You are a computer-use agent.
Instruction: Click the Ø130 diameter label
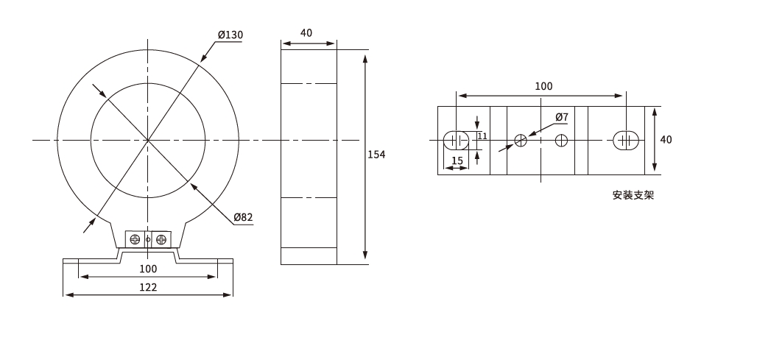pos(230,35)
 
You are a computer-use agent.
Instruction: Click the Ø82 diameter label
pos(243,217)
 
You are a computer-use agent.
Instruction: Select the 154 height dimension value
pos(376,155)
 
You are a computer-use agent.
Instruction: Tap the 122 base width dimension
pos(148,287)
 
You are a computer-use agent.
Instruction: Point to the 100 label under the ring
pos(148,269)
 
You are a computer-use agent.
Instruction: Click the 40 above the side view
pos(306,33)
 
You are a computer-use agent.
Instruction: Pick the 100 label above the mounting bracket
pos(543,86)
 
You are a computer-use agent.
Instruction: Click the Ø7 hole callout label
pos(562,117)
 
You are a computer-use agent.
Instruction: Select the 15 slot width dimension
pos(457,160)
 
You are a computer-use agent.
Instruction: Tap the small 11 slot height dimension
pos(482,136)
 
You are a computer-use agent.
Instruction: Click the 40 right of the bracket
pos(666,139)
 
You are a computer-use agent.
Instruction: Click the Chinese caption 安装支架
pos(633,195)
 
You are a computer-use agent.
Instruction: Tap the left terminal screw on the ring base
pos(135,239)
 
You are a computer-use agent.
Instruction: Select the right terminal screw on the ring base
pos(161,239)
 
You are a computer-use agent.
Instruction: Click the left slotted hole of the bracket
pos(457,141)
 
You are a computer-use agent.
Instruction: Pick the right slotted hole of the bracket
pos(626,141)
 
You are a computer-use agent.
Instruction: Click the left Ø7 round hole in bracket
pos(521,141)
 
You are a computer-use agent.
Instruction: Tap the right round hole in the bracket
pos(561,141)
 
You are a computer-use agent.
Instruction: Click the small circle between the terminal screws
pos(148,239)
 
